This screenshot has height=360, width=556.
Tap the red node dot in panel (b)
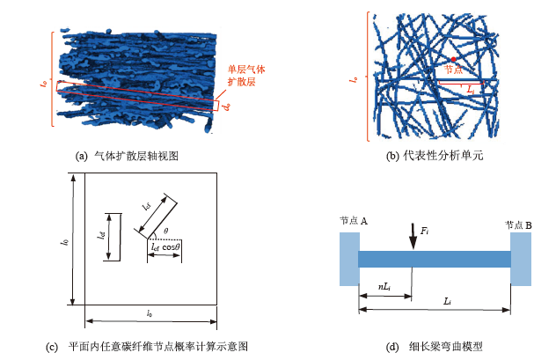coord(453,60)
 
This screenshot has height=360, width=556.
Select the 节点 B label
coord(519,224)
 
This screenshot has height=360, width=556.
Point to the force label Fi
coord(425,231)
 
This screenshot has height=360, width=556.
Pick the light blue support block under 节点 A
coord(349,259)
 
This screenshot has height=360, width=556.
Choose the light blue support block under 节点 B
coord(520,259)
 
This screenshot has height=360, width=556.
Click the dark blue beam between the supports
coord(435,259)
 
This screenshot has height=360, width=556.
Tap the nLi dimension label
coord(384,287)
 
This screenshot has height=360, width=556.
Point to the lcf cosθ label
coord(166,248)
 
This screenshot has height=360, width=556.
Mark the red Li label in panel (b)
coord(471,90)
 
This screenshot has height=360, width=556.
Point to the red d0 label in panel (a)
coord(227,107)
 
